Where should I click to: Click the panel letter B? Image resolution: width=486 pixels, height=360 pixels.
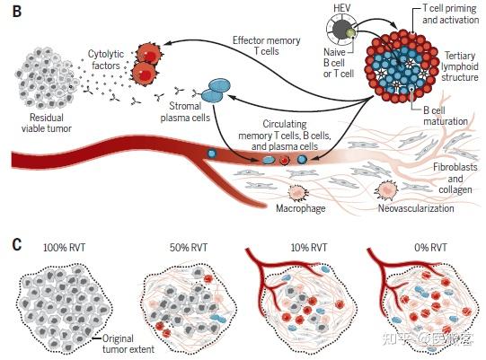coord(16,11)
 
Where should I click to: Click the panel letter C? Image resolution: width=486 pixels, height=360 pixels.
coord(17,244)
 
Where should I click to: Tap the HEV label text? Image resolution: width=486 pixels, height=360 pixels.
coord(342,8)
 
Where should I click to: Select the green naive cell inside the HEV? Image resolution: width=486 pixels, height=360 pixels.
coord(350,32)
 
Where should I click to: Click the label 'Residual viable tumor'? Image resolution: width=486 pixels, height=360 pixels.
coord(46,123)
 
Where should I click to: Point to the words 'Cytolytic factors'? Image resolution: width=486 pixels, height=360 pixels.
coord(106,59)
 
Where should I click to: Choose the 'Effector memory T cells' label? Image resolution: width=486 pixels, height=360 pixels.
coord(267,46)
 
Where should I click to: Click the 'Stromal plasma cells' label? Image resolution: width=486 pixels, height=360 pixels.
coord(185,111)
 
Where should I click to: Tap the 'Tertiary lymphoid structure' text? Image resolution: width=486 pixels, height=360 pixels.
coord(460,66)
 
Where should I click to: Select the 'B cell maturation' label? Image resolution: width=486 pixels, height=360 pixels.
coord(446,116)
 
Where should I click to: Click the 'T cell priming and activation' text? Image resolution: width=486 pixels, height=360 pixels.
coord(450,14)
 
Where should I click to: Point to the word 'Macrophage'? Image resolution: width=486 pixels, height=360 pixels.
coord(300,208)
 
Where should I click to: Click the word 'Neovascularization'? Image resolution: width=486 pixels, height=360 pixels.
coord(416,208)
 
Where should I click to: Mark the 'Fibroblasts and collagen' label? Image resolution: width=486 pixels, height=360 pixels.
coord(455,178)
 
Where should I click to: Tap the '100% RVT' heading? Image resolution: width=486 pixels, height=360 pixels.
coord(65,248)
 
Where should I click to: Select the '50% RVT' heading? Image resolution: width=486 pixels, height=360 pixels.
coord(189,248)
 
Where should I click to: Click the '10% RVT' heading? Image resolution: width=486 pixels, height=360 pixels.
coord(309,248)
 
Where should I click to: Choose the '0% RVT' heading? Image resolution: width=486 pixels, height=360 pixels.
coord(431,248)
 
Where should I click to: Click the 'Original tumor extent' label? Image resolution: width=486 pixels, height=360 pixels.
coord(128,344)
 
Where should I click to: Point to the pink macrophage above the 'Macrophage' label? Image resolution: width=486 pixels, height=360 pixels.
coord(298,192)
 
